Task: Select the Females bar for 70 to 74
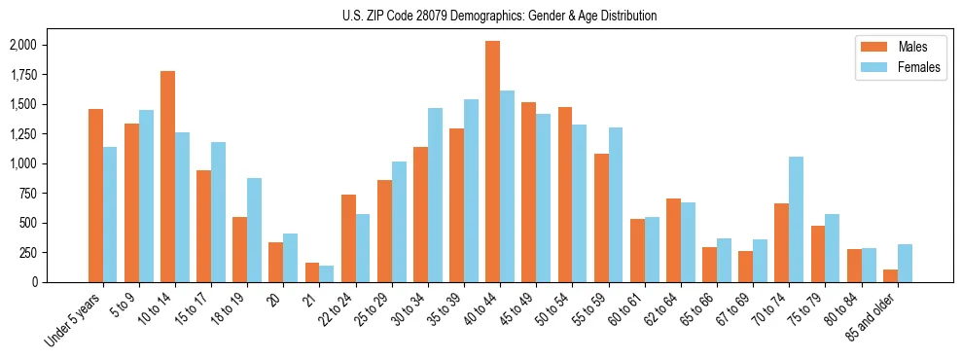(x=796, y=219)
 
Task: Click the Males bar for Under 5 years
(x=95, y=195)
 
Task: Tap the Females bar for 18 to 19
(x=254, y=230)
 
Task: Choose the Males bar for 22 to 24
(x=348, y=238)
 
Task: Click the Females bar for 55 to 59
(x=615, y=204)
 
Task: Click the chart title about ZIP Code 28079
(x=499, y=16)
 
